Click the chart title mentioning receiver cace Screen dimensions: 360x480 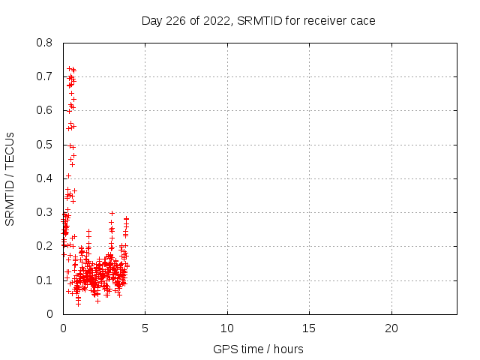click(259, 20)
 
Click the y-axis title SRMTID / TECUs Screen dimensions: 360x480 click(10, 178)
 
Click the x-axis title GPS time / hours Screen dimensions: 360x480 click(259, 349)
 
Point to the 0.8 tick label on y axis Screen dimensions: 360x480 click(45, 43)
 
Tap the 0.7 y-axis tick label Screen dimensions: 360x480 click(45, 76)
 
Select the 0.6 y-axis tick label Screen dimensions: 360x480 click(45, 110)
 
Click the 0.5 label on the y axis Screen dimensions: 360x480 click(45, 144)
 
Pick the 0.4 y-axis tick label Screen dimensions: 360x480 click(45, 178)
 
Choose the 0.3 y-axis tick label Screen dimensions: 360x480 click(45, 212)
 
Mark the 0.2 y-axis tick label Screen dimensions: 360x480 click(45, 246)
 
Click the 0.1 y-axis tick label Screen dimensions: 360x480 click(45, 280)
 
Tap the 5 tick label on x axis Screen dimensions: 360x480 click(145, 328)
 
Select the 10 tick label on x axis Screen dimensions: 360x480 click(227, 328)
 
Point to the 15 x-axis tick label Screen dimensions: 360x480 click(309, 328)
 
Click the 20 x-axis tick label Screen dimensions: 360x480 click(391, 328)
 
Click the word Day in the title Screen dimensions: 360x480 click(152, 20)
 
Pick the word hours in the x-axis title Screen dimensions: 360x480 click(288, 349)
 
